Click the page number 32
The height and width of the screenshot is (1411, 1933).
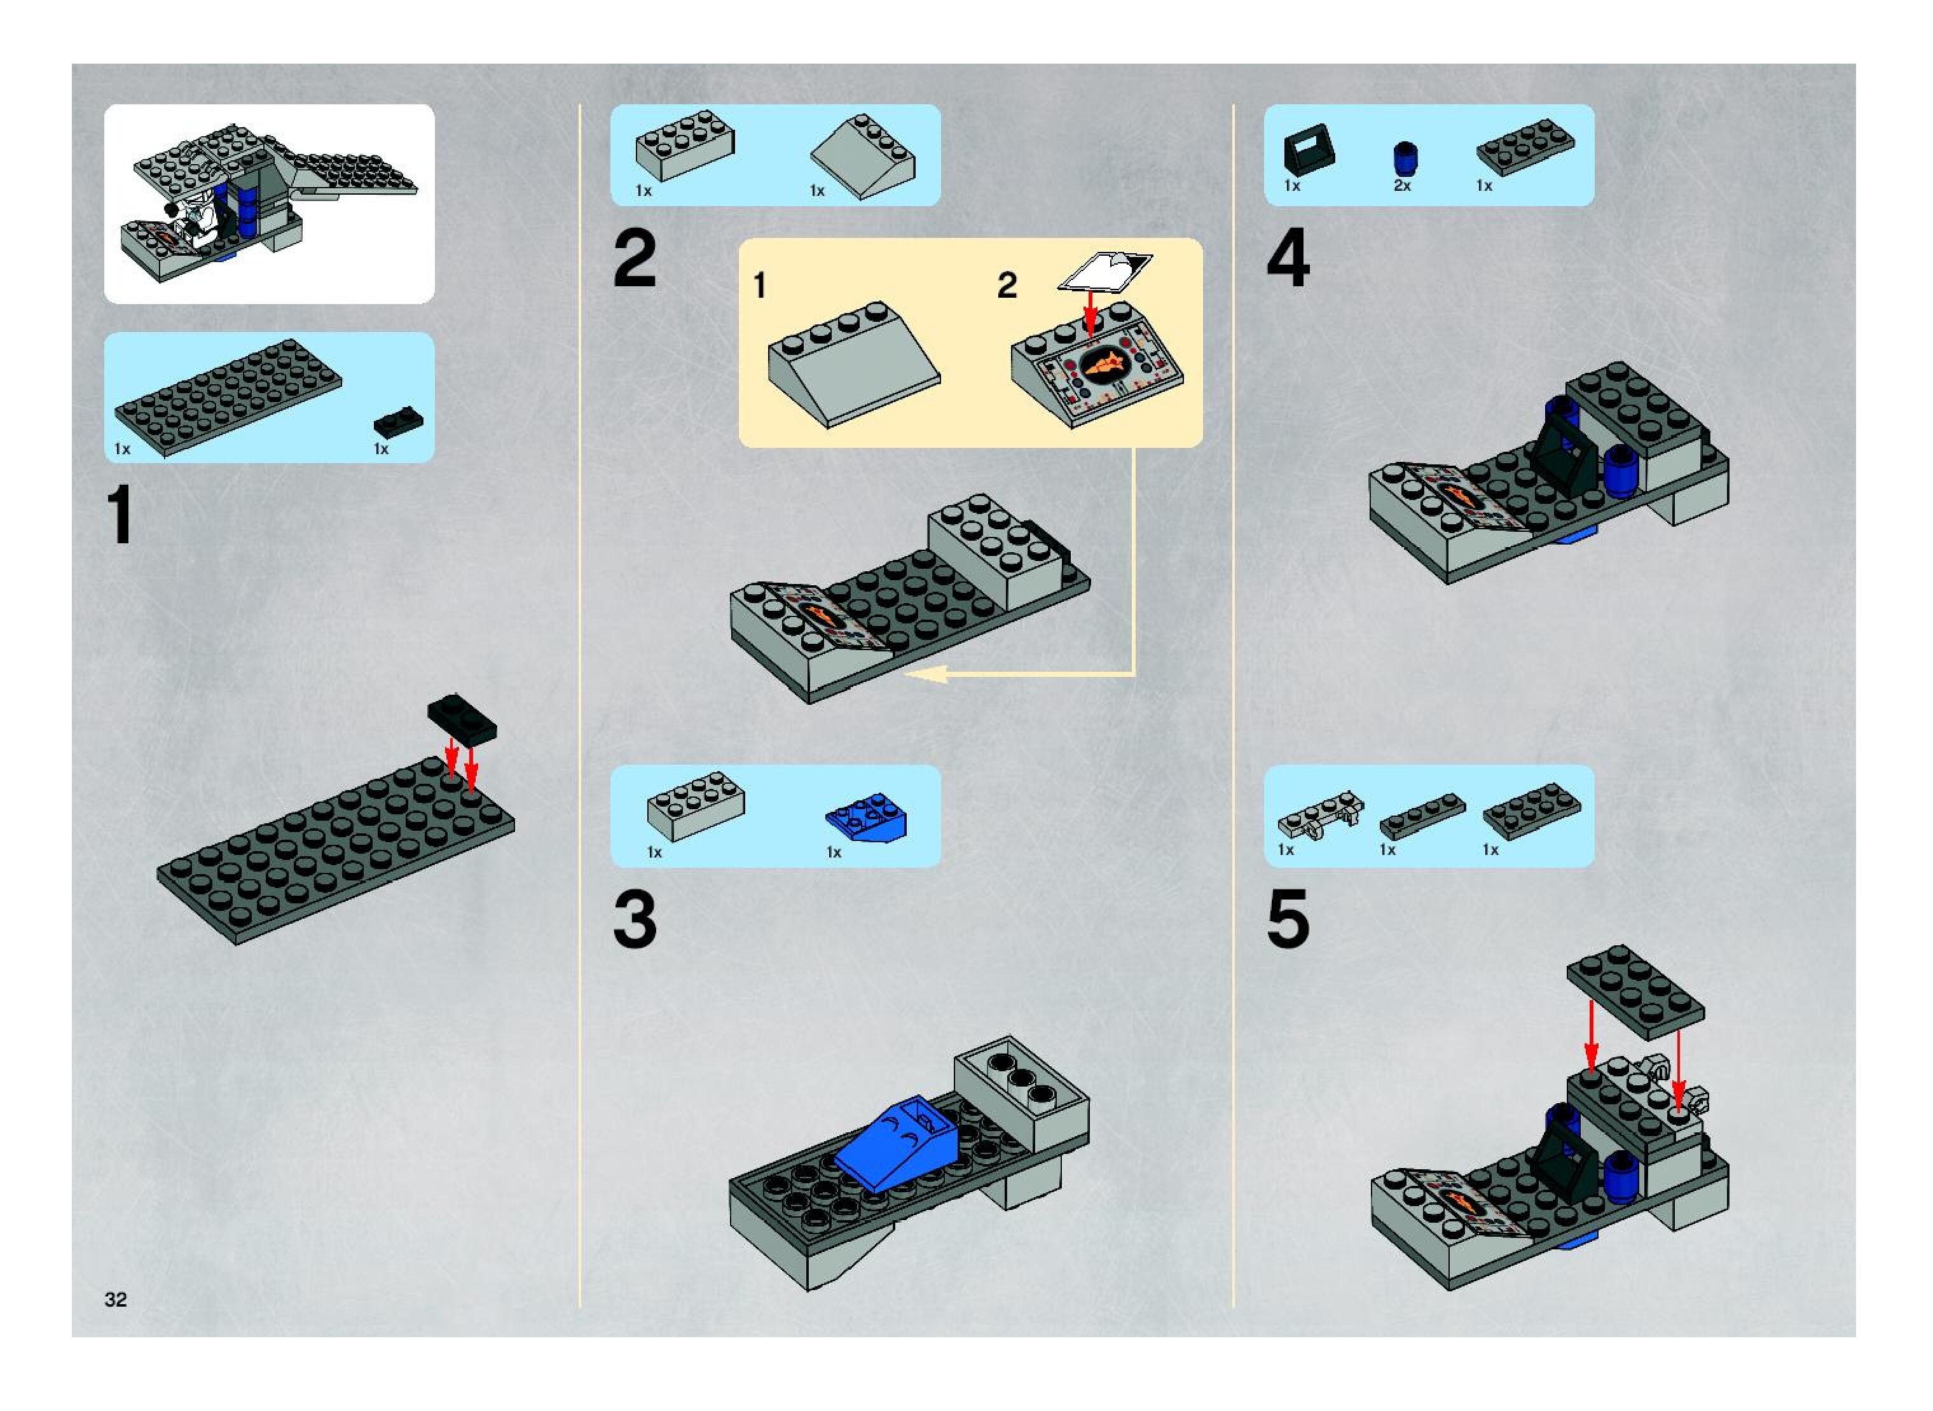[115, 1299]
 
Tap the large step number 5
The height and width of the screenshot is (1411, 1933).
[1288, 919]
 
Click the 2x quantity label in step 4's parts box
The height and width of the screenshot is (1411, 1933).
[1402, 185]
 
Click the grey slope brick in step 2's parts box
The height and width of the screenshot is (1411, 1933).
[862, 156]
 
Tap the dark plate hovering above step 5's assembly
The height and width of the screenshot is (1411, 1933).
[1635, 990]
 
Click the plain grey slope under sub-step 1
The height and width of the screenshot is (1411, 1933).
[854, 365]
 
